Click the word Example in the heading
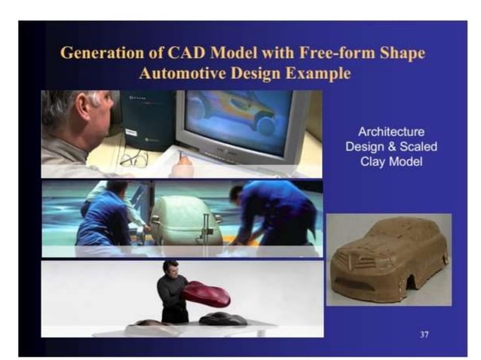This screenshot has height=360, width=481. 316,74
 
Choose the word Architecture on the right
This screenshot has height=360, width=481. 391,132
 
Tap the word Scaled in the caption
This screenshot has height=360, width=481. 418,147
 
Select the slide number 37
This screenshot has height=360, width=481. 424,333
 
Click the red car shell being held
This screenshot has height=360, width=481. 207,293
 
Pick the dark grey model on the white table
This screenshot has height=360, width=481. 222,319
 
